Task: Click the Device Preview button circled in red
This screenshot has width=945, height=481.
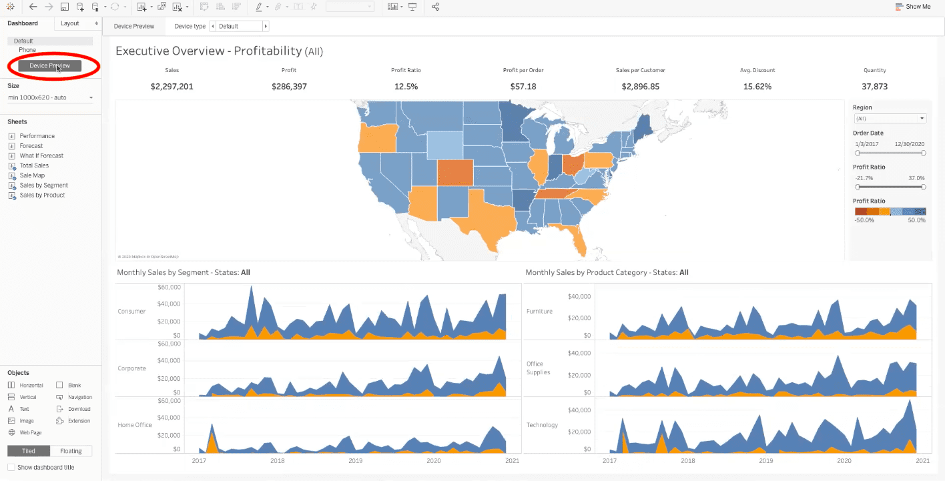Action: click(49, 65)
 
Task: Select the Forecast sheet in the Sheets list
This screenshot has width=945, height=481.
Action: click(31, 145)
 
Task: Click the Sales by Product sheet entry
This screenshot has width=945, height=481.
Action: click(42, 195)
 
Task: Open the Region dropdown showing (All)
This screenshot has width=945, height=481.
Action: click(890, 119)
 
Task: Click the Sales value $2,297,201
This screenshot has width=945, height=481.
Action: click(172, 87)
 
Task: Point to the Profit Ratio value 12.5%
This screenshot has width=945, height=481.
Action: click(406, 87)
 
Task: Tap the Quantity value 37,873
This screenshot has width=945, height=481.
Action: click(874, 87)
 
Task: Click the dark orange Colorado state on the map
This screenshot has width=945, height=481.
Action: click(455, 172)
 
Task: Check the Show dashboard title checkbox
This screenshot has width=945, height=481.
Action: click(11, 468)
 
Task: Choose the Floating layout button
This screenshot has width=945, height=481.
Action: click(71, 451)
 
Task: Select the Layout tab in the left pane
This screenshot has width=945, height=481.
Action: click(70, 23)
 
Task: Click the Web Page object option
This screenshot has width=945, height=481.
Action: click(30, 433)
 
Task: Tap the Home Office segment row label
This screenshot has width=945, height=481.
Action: click(135, 425)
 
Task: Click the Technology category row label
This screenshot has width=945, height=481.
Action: click(542, 425)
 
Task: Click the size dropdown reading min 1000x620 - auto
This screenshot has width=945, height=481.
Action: click(50, 98)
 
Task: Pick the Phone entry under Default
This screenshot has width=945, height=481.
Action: click(27, 50)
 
